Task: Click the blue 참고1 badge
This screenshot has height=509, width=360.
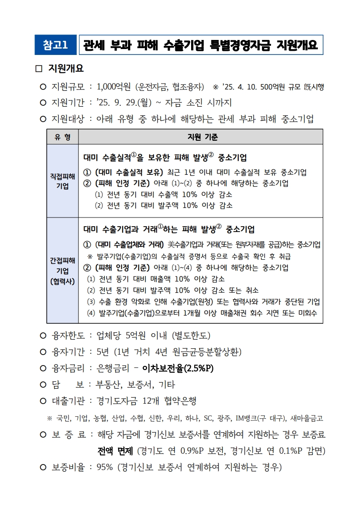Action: pyautogui.click(x=55, y=44)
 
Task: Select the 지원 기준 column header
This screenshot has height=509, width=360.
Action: pyautogui.click(x=202, y=137)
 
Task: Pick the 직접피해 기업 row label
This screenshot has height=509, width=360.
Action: pyautogui.click(x=62, y=181)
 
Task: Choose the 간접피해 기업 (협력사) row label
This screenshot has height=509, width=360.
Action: pyautogui.click(x=62, y=271)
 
